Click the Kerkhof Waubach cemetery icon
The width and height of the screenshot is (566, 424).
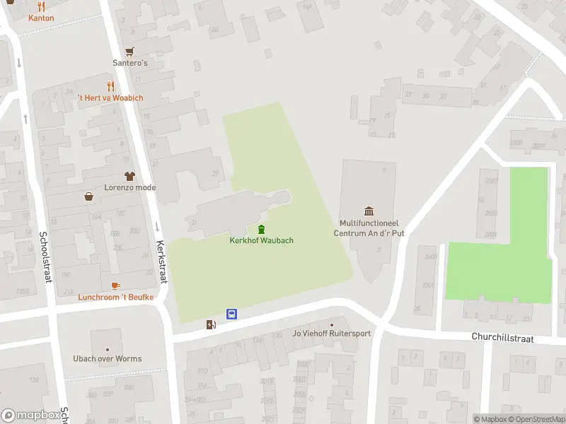tap(261, 229)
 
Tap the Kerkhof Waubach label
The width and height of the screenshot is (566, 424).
tap(261, 240)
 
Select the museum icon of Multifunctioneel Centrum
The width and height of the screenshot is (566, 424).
tap(369, 211)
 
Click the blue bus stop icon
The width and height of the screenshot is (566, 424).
tap(231, 314)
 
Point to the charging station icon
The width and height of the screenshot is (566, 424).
tap(211, 324)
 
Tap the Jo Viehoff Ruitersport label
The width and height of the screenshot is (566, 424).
tap(332, 334)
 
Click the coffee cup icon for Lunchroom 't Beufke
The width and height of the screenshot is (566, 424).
tap(115, 285)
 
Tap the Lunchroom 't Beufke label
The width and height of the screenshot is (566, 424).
tap(115, 297)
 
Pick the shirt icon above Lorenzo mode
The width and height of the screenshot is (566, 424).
tap(129, 175)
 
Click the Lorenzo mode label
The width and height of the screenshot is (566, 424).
tap(129, 187)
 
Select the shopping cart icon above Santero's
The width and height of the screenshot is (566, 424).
tap(129, 52)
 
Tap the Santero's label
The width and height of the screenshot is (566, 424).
tap(130, 63)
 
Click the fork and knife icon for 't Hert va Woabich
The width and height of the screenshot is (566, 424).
tap(110, 86)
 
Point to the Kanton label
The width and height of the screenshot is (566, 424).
tap(41, 18)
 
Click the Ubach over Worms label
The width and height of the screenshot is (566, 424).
tap(108, 358)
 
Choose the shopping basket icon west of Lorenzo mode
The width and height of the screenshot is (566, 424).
tap(89, 197)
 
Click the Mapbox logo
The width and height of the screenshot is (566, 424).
tap(30, 416)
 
